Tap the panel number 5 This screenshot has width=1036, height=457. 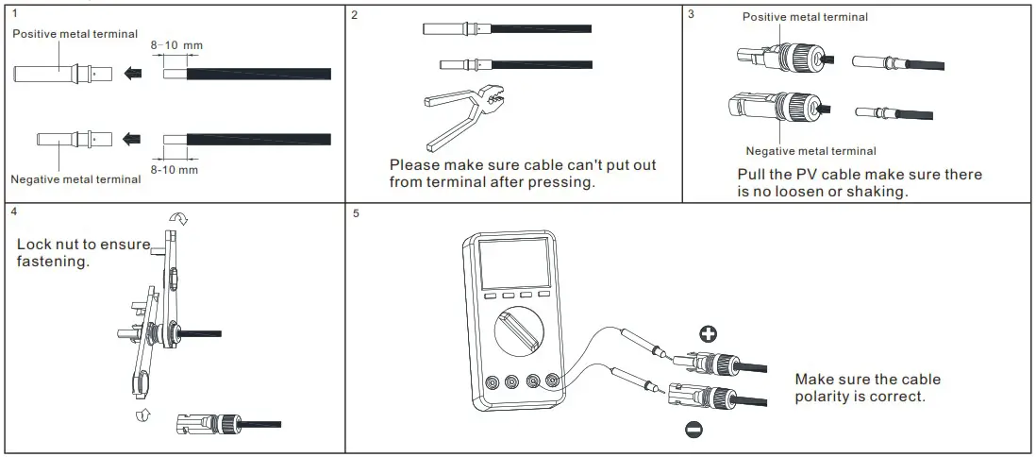pyautogui.click(x=356, y=212)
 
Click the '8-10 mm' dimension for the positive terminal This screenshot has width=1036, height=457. pyautogui.click(x=176, y=44)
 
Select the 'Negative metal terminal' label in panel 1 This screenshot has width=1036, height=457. pyautogui.click(x=75, y=178)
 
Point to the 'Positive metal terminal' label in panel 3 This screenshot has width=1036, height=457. pyautogui.click(x=805, y=17)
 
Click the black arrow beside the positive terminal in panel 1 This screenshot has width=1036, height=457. pyautogui.click(x=134, y=73)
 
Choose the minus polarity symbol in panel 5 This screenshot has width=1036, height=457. pyautogui.click(x=693, y=431)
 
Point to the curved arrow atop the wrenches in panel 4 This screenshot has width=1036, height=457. pyautogui.click(x=178, y=219)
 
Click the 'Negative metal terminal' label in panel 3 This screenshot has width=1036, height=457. pyautogui.click(x=810, y=151)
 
